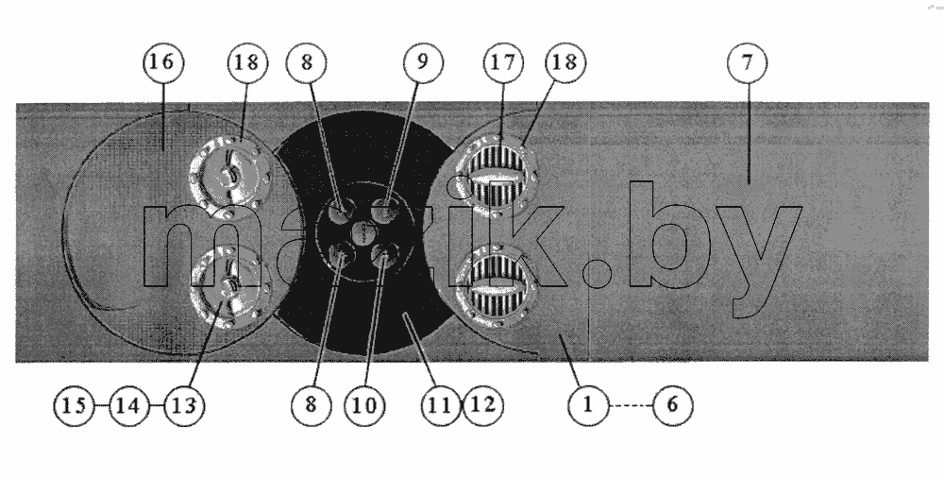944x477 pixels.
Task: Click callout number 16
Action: (163, 62)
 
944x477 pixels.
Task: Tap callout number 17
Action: (503, 62)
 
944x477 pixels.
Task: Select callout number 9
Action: (423, 62)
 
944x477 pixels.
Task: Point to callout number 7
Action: (747, 62)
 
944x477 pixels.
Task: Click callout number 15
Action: (74, 405)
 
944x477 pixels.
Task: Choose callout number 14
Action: (128, 405)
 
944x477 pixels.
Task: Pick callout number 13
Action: (184, 405)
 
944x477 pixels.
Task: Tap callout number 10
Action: (364, 405)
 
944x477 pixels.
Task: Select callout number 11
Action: (441, 405)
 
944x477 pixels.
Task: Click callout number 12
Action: (482, 405)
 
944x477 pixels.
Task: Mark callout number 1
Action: (588, 405)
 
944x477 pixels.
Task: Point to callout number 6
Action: (672, 405)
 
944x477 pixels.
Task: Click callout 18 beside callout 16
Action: (246, 62)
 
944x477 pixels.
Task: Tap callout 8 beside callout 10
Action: (311, 405)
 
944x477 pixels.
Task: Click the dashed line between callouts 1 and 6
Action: (631, 405)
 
